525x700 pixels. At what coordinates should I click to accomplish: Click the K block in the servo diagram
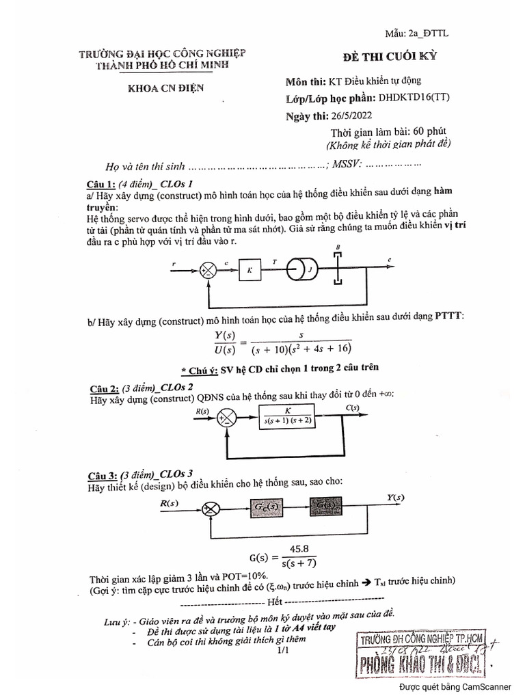(250, 270)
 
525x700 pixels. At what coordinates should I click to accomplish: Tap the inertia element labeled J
(305, 269)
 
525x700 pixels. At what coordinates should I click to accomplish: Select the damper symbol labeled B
(336, 266)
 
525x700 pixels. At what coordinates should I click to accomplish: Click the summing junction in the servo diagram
(206, 270)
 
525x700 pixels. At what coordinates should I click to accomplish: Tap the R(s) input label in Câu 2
(202, 411)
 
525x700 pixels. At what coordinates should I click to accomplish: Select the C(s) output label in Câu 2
(353, 409)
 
